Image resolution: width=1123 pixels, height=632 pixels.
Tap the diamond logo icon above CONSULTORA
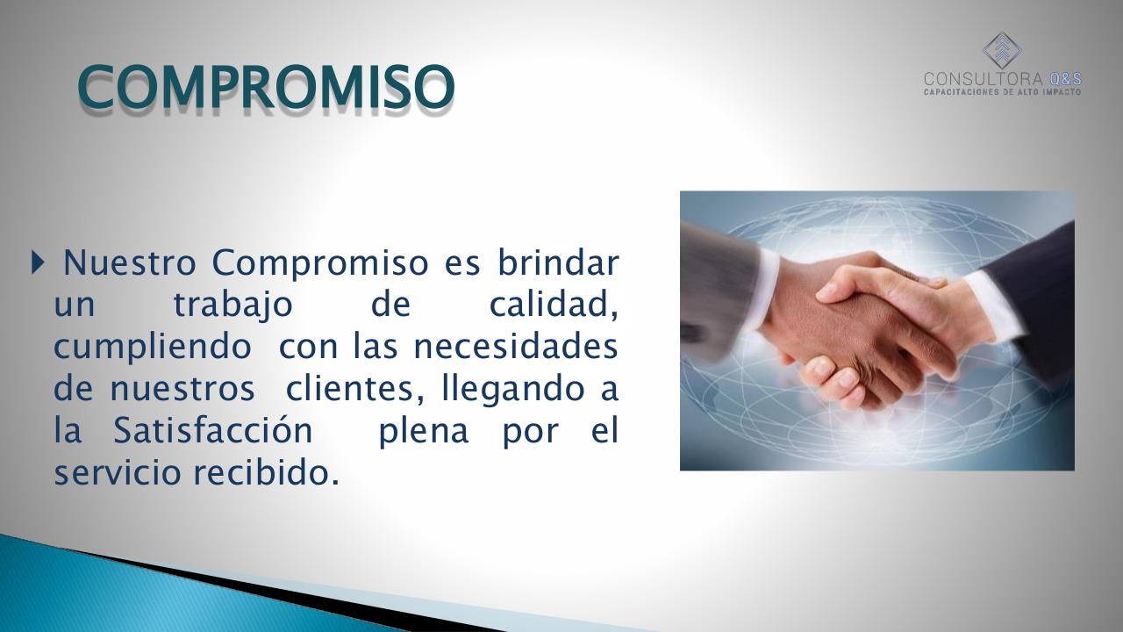(x=1001, y=51)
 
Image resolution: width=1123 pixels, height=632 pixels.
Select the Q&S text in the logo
(x=1065, y=79)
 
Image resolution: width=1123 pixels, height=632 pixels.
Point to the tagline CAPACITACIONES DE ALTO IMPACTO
(x=1002, y=91)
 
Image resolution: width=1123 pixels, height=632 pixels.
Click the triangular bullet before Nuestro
(x=36, y=262)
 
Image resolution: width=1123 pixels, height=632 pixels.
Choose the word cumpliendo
(x=152, y=346)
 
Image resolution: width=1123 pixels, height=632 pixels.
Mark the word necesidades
(x=516, y=346)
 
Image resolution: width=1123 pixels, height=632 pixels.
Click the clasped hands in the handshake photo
(x=869, y=334)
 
